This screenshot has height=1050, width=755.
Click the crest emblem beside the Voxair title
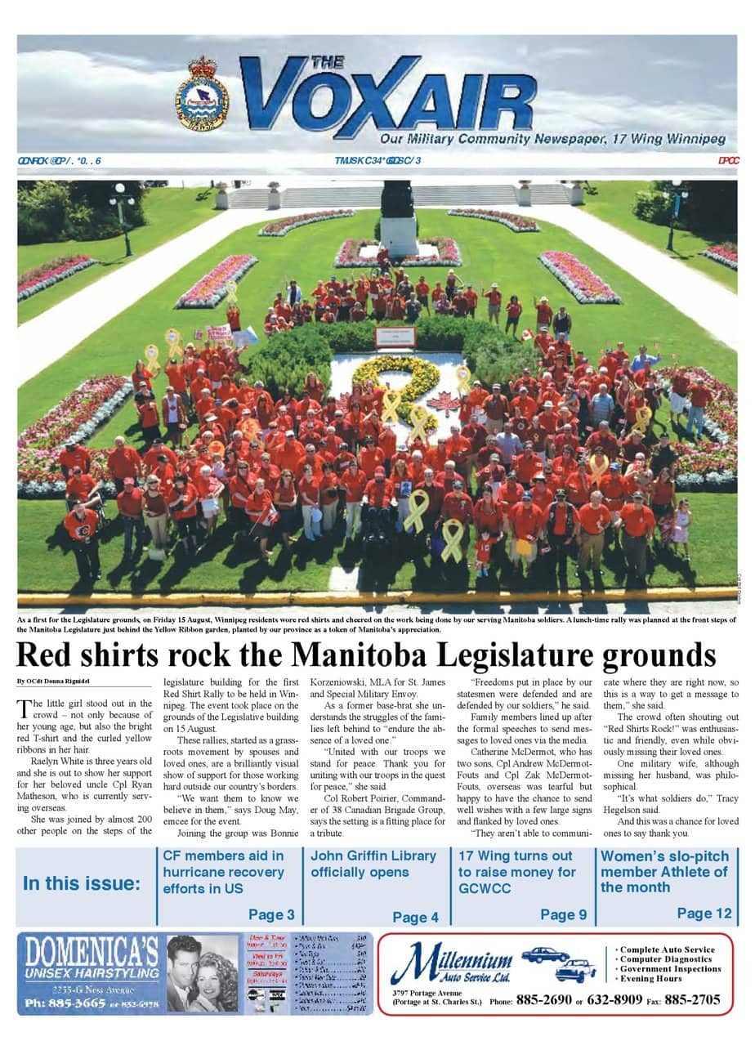[x=202, y=95]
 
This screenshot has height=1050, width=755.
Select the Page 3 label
[x=271, y=914]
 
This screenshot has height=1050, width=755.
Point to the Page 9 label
[x=563, y=914]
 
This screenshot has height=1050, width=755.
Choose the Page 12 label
[x=704, y=914]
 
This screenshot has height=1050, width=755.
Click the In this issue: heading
[x=82, y=883]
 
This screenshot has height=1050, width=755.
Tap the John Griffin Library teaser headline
[x=373, y=864]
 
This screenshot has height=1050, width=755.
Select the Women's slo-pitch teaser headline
[x=663, y=871]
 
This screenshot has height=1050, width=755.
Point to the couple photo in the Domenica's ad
[x=202, y=972]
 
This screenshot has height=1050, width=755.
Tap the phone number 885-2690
[x=543, y=999]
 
